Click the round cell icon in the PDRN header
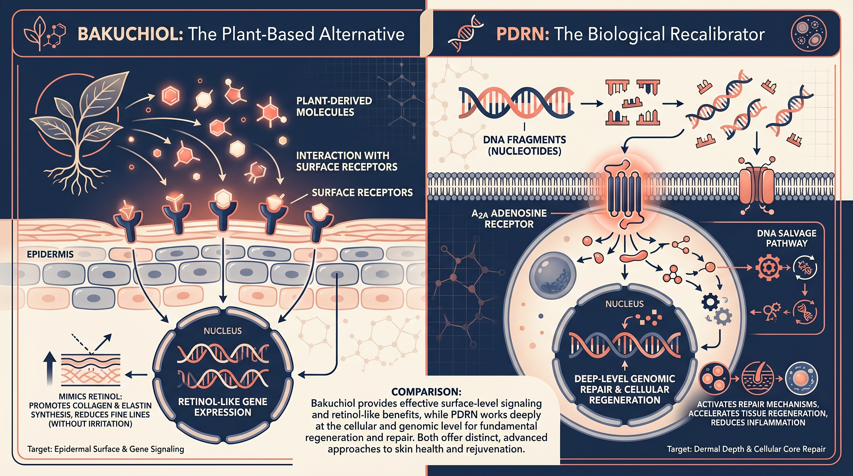click(809, 34)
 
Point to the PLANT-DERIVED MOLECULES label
click(334, 107)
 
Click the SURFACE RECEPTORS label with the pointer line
click(362, 192)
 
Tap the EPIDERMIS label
click(50, 254)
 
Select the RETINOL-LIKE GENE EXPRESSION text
click(223, 407)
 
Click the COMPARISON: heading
click(426, 392)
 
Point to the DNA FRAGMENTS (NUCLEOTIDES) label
click(524, 145)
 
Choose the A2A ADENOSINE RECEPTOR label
click(509, 219)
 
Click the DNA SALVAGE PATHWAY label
click(786, 238)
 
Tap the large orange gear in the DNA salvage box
click(769, 267)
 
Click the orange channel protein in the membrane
click(757, 185)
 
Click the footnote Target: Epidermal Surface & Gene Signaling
click(106, 449)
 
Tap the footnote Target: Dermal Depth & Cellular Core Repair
click(746, 449)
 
